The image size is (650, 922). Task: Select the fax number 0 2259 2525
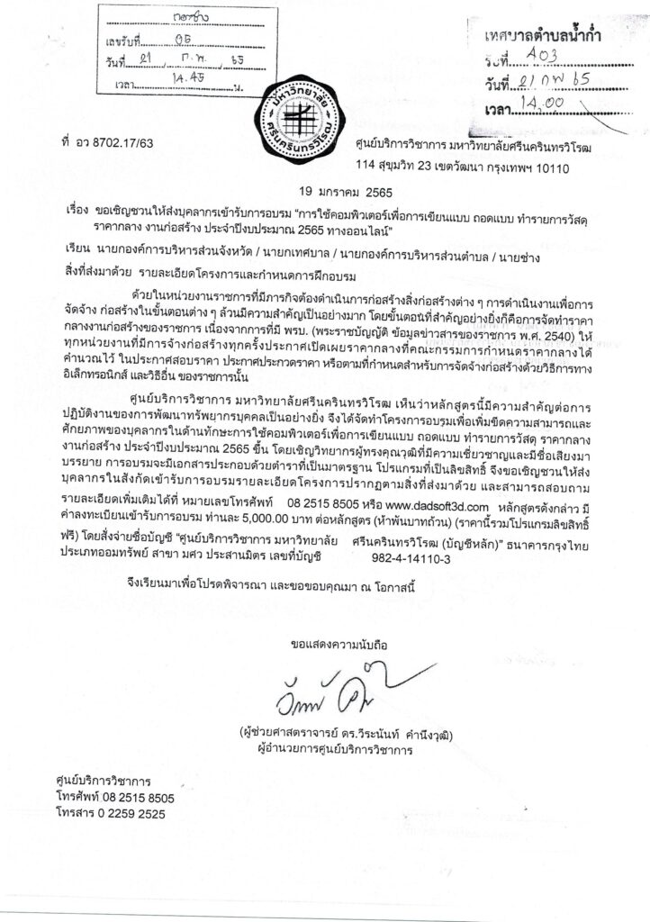[123, 813]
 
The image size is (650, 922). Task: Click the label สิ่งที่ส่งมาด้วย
[98, 267]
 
